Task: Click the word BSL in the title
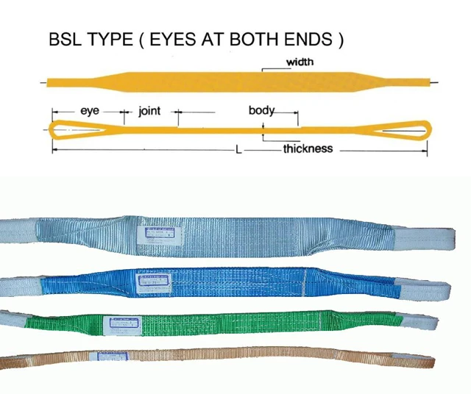(x=65, y=40)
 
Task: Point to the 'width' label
(x=300, y=62)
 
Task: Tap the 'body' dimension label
(x=261, y=111)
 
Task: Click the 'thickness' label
(x=308, y=148)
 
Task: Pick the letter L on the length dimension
(x=238, y=149)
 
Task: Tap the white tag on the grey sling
(x=160, y=234)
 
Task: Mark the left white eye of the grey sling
(x=18, y=231)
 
